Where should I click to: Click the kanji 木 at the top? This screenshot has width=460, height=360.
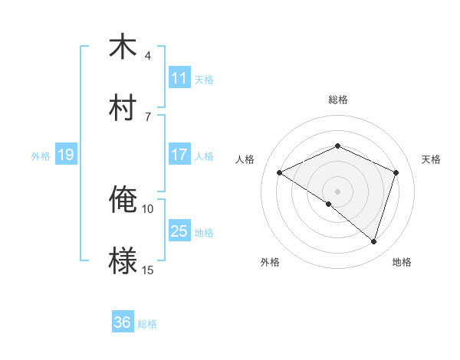click(123, 47)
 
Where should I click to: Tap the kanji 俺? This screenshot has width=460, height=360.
click(123, 200)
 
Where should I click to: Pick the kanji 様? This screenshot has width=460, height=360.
click(123, 260)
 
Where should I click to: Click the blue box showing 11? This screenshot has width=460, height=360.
click(179, 78)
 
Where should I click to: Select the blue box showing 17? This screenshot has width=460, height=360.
click(179, 155)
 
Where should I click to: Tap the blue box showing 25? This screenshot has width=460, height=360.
click(179, 231)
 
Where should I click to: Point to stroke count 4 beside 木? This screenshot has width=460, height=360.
click(148, 56)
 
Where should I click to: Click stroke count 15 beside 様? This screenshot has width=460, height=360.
click(148, 270)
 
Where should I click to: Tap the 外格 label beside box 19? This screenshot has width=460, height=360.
click(41, 156)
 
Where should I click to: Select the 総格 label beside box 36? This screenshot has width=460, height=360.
click(147, 324)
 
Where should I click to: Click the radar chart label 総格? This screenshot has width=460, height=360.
click(338, 100)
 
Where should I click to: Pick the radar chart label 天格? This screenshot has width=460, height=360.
click(431, 159)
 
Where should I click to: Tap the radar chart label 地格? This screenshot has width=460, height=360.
click(402, 262)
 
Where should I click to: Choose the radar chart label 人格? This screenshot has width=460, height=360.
click(245, 159)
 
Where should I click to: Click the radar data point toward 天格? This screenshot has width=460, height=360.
click(396, 173)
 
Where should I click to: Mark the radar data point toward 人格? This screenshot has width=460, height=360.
click(280, 173)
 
